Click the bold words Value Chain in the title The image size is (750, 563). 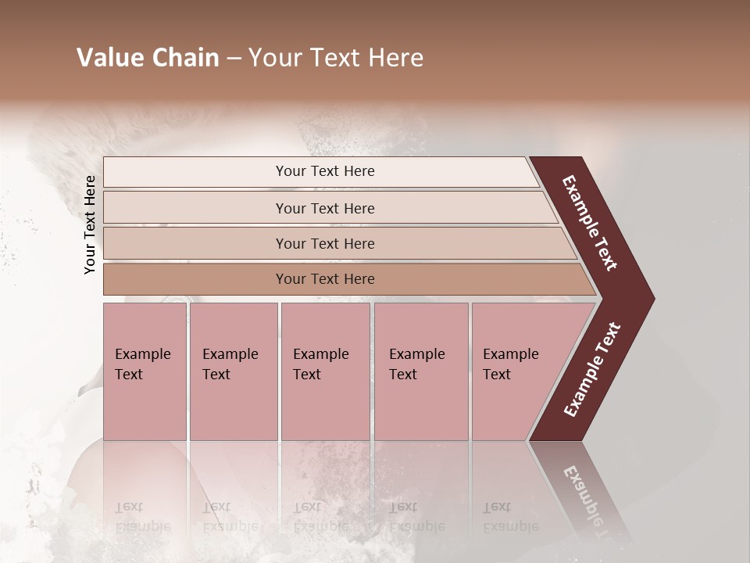click(x=148, y=58)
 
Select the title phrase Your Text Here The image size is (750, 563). click(x=336, y=58)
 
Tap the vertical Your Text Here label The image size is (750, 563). click(x=90, y=224)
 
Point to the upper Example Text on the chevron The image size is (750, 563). click(x=590, y=223)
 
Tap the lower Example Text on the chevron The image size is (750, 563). click(x=592, y=369)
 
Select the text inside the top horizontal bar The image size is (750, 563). click(x=325, y=171)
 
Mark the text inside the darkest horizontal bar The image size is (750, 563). click(x=325, y=279)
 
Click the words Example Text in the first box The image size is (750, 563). click(x=142, y=364)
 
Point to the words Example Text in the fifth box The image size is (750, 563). click(x=510, y=364)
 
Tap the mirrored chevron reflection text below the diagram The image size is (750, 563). click(x=590, y=500)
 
